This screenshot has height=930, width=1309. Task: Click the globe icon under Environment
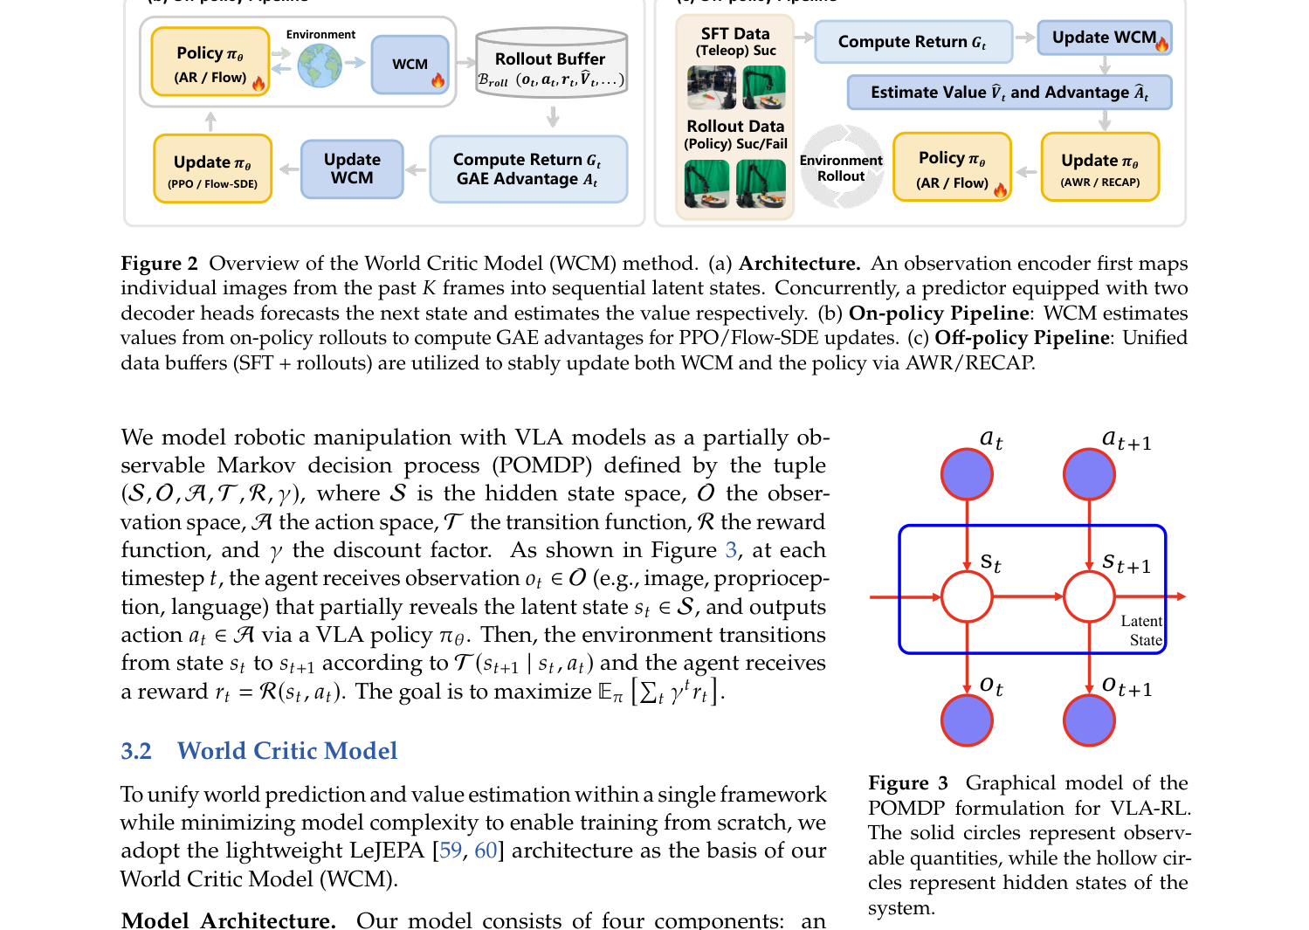click(x=320, y=66)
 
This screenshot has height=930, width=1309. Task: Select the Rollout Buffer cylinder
click(x=552, y=63)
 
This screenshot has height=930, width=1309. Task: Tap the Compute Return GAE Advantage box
click(x=528, y=169)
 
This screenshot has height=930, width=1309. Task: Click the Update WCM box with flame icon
click(x=1105, y=38)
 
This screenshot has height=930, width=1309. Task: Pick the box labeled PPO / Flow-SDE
click(x=213, y=169)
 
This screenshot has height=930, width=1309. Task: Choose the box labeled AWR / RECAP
click(x=1099, y=167)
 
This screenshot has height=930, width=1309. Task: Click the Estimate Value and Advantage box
click(x=1009, y=93)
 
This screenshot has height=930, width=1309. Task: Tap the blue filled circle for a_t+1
click(x=1089, y=474)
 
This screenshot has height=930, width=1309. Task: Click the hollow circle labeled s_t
click(x=968, y=596)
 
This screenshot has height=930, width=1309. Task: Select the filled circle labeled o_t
click(x=968, y=720)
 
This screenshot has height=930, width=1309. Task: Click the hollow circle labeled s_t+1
click(x=1089, y=596)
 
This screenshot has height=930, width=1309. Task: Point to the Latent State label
click(x=1141, y=630)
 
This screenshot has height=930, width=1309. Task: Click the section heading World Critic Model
click(x=287, y=750)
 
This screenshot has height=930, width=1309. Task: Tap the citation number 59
click(x=450, y=850)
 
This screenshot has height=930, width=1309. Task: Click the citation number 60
click(x=486, y=850)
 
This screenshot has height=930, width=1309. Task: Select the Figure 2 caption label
click(x=159, y=264)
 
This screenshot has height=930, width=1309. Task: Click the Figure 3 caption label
click(x=907, y=782)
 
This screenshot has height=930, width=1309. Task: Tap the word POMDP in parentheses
click(x=541, y=465)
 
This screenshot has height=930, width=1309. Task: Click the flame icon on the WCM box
click(x=437, y=80)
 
